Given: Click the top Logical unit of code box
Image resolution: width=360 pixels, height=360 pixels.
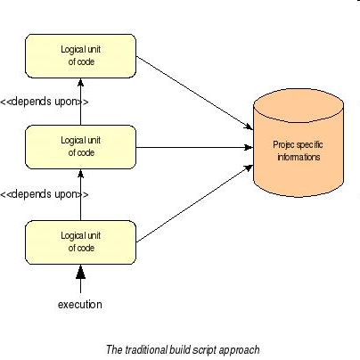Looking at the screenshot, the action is point(80,56).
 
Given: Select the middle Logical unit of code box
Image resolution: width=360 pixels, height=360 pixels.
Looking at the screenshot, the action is point(80,147).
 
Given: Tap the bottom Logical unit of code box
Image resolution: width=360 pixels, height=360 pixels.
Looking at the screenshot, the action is point(80,242).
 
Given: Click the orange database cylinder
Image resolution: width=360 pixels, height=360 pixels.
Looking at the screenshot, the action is point(299,143).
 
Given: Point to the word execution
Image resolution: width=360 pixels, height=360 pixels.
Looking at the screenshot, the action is point(80,305).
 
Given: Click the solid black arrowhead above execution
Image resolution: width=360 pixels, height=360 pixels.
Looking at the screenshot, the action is point(80,273).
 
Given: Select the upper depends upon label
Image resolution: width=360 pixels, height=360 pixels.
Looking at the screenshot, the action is point(44,102).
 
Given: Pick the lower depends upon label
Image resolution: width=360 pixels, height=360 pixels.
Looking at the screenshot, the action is point(44,194).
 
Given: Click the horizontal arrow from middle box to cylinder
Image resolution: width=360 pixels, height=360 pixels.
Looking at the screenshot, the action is point(194,147).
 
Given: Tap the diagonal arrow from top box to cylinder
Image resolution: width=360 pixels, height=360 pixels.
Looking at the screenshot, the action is point(194,93).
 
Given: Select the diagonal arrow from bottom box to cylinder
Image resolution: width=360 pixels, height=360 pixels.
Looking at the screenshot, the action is point(194,204).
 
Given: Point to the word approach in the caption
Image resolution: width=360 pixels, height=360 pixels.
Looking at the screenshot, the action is point(239,350).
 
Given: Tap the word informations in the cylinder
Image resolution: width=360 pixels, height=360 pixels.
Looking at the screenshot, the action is point(299,157).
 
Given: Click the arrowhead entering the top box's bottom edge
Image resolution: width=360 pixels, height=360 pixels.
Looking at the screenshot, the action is point(80,82).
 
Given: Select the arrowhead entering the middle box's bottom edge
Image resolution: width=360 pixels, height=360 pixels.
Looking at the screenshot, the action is point(80,174).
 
